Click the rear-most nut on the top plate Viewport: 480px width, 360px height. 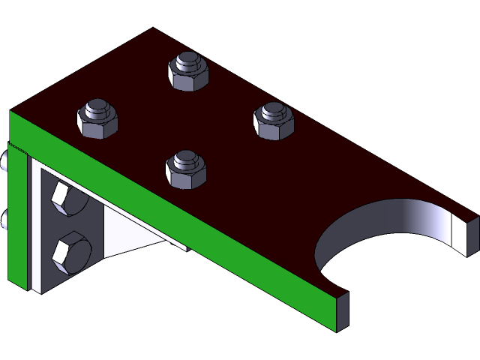tap(187, 70)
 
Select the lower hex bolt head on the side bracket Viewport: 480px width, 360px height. tap(71, 253)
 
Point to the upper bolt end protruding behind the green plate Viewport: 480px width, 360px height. tap(5, 160)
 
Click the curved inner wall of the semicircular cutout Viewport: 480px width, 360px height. tap(390, 217)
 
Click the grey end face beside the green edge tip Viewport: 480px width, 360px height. tap(342, 311)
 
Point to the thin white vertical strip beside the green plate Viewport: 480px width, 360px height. tap(34, 225)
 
